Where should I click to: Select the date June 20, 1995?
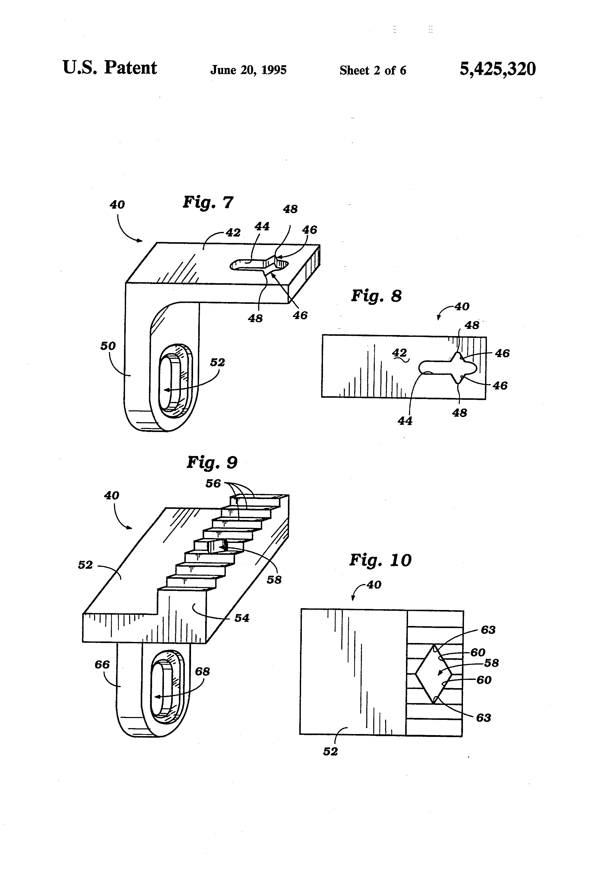tap(248, 70)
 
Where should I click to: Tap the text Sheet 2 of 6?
tap(373, 70)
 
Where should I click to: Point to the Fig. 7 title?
tap(208, 202)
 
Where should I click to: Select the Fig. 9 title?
tap(212, 462)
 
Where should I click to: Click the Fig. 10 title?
tap(380, 560)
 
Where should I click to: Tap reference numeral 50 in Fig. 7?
tap(108, 346)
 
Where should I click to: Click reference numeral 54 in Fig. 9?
tap(242, 618)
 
